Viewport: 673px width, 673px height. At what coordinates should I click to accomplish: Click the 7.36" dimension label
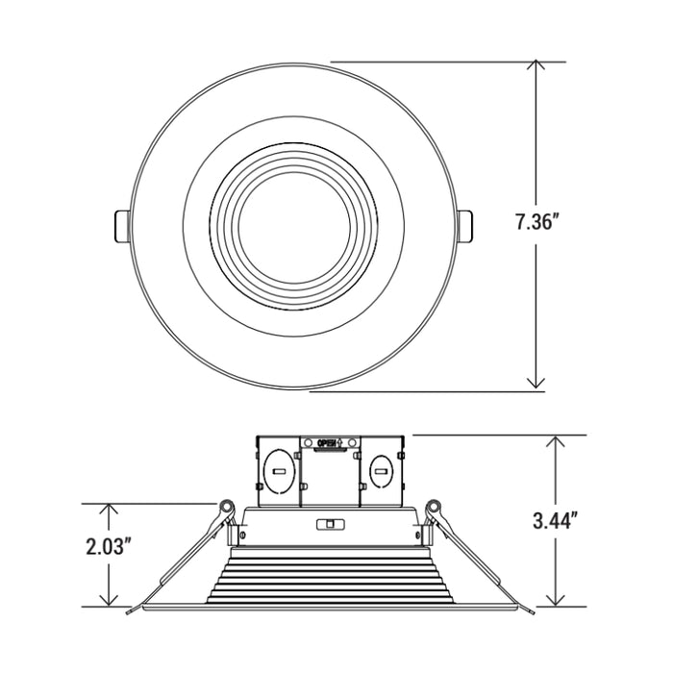pyautogui.click(x=536, y=223)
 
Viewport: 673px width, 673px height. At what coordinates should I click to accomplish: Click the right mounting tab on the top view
pyautogui.click(x=465, y=226)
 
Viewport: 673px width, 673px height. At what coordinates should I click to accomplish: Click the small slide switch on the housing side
pyautogui.click(x=329, y=524)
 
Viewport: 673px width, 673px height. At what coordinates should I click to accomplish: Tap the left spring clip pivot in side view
pyautogui.click(x=227, y=506)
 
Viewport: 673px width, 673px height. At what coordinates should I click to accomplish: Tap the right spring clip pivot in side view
pyautogui.click(x=433, y=506)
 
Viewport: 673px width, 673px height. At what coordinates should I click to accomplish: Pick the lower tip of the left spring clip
pyautogui.click(x=129, y=610)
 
